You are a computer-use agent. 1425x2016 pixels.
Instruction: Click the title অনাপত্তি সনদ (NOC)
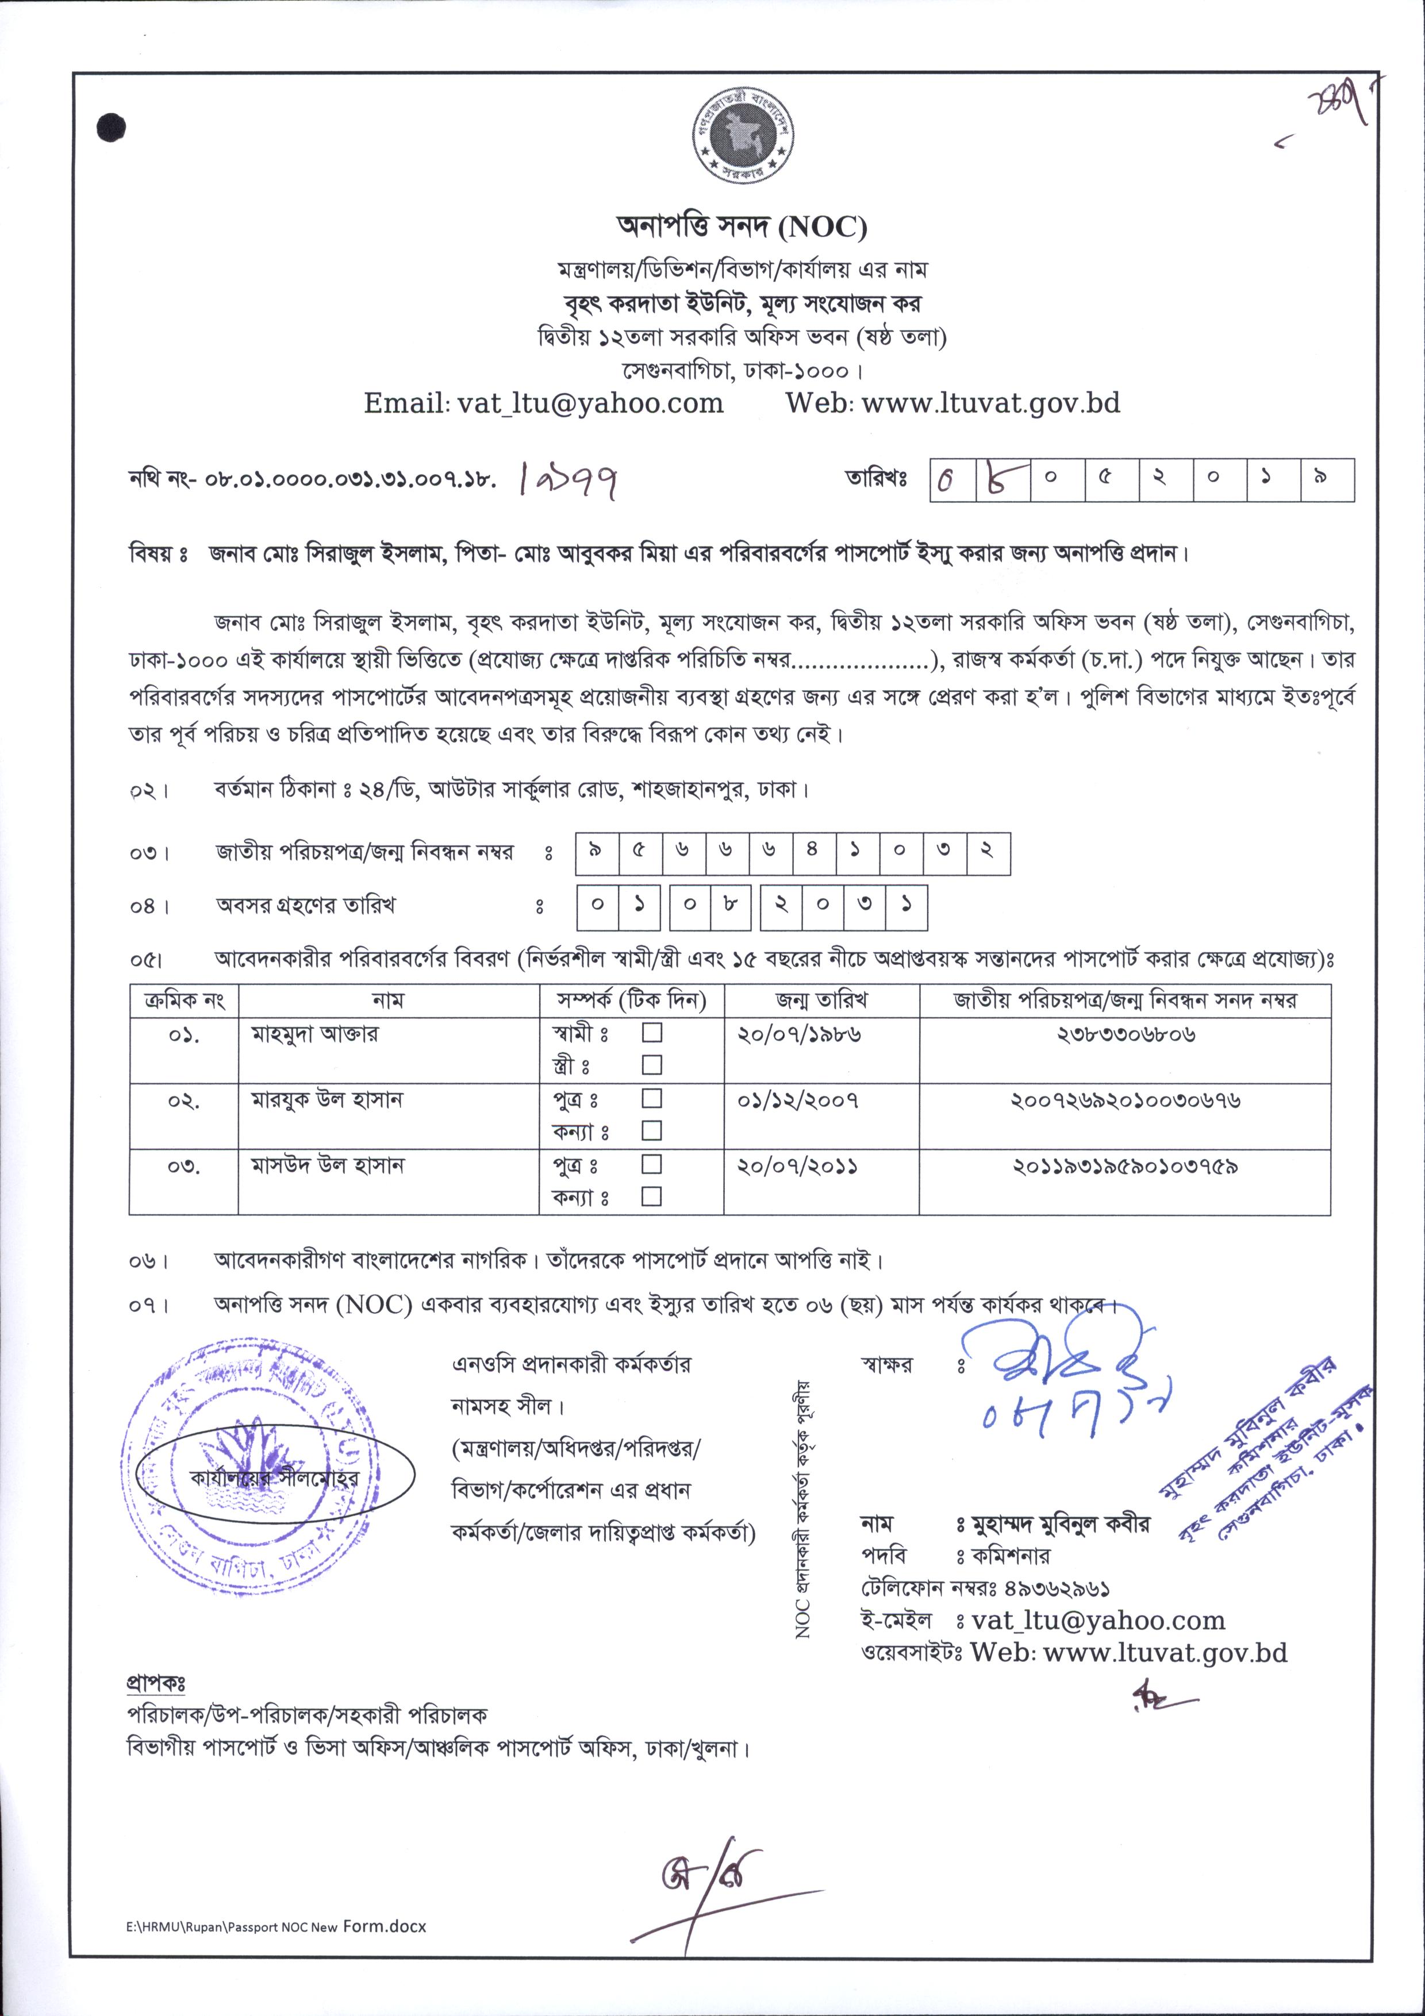tap(742, 228)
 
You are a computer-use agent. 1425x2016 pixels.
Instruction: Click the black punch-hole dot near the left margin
tap(113, 128)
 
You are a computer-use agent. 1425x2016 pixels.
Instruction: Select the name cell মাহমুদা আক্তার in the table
tap(315, 1034)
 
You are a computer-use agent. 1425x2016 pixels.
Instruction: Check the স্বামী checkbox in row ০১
tap(651, 1033)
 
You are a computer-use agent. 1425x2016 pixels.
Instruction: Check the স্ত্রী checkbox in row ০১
tap(651, 1065)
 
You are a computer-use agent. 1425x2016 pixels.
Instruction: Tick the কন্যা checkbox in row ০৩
tap(651, 1196)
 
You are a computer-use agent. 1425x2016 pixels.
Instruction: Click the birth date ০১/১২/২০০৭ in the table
tap(798, 1100)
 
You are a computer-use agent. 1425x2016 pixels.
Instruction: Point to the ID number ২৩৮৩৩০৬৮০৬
tap(1126, 1034)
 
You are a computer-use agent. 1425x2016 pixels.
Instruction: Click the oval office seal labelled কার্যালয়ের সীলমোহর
tap(275, 1478)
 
